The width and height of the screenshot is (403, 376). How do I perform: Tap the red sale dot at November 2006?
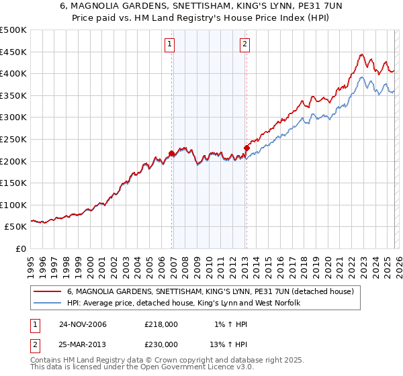pos(172,154)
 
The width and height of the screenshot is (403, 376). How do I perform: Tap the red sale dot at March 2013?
pos(247,148)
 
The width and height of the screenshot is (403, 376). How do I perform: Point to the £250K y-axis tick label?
pos(14,139)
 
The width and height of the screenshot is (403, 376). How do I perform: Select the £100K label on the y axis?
pos(14,205)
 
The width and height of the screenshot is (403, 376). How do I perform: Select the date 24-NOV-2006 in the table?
pos(83,324)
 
